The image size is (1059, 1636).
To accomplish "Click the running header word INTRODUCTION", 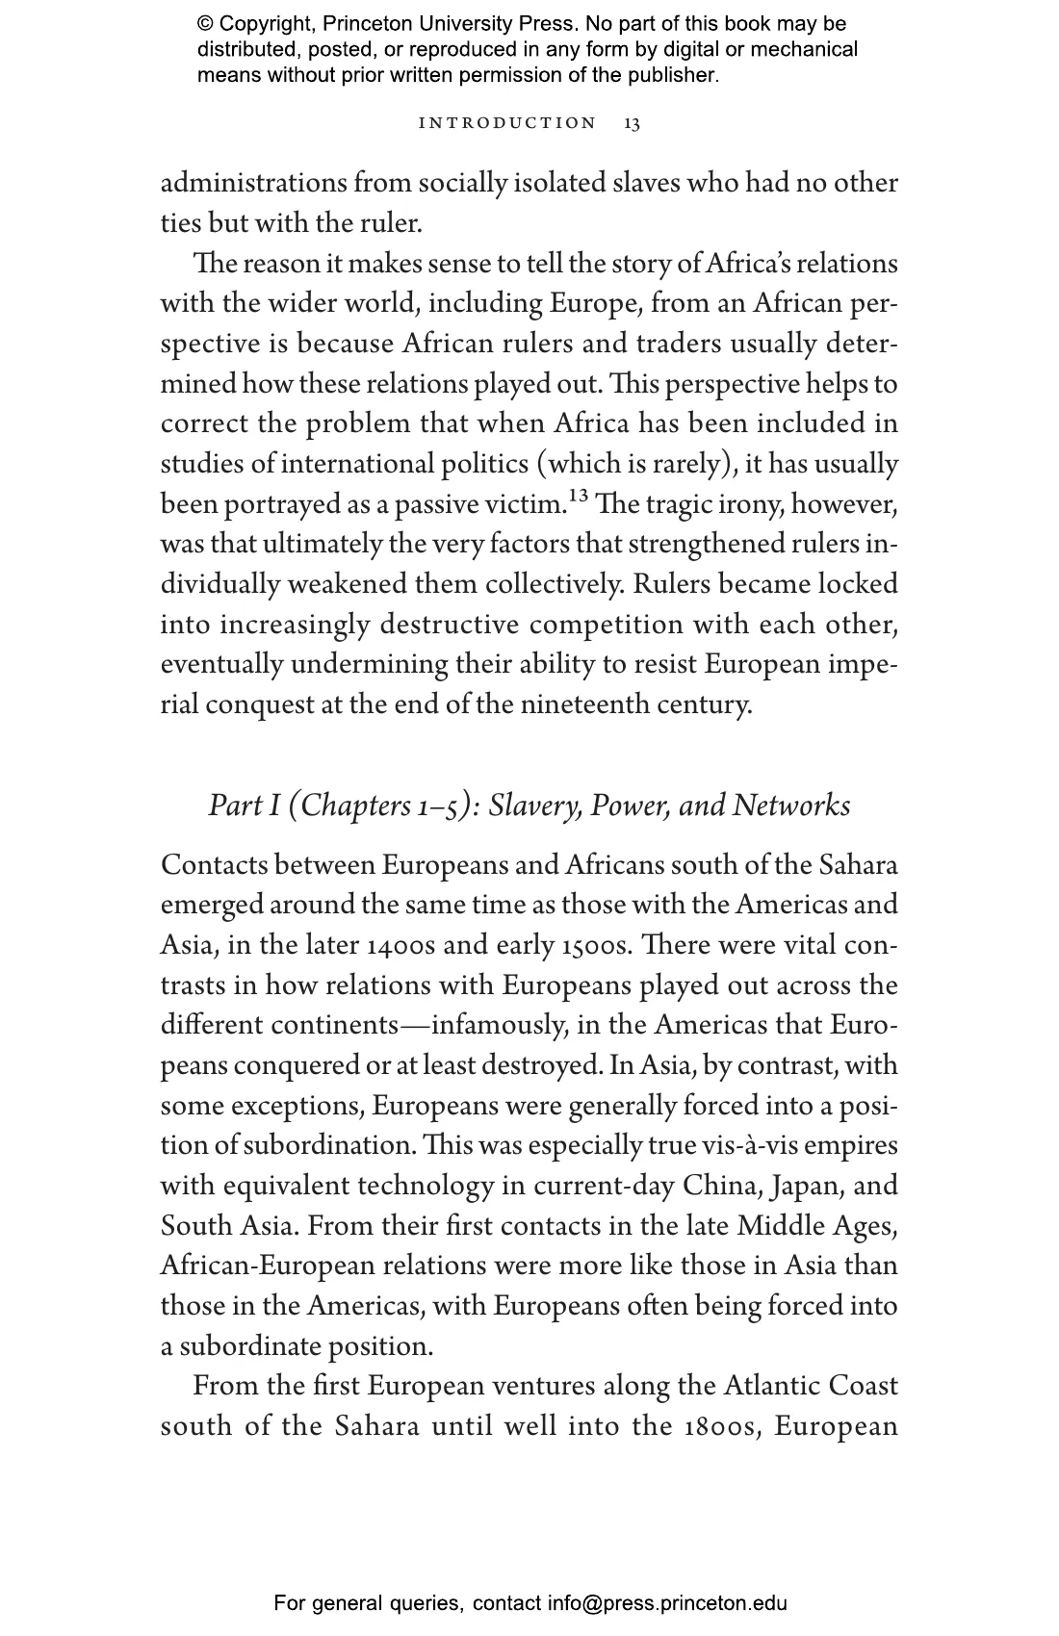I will pyautogui.click(x=508, y=123).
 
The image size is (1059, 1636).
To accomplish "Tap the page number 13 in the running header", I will pyautogui.click(x=633, y=123).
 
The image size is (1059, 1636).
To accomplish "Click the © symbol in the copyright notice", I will pyautogui.click(x=205, y=24).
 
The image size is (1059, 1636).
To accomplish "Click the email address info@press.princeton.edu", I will pyautogui.click(x=668, y=1603).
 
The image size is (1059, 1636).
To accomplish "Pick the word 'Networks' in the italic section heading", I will pyautogui.click(x=791, y=805).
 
